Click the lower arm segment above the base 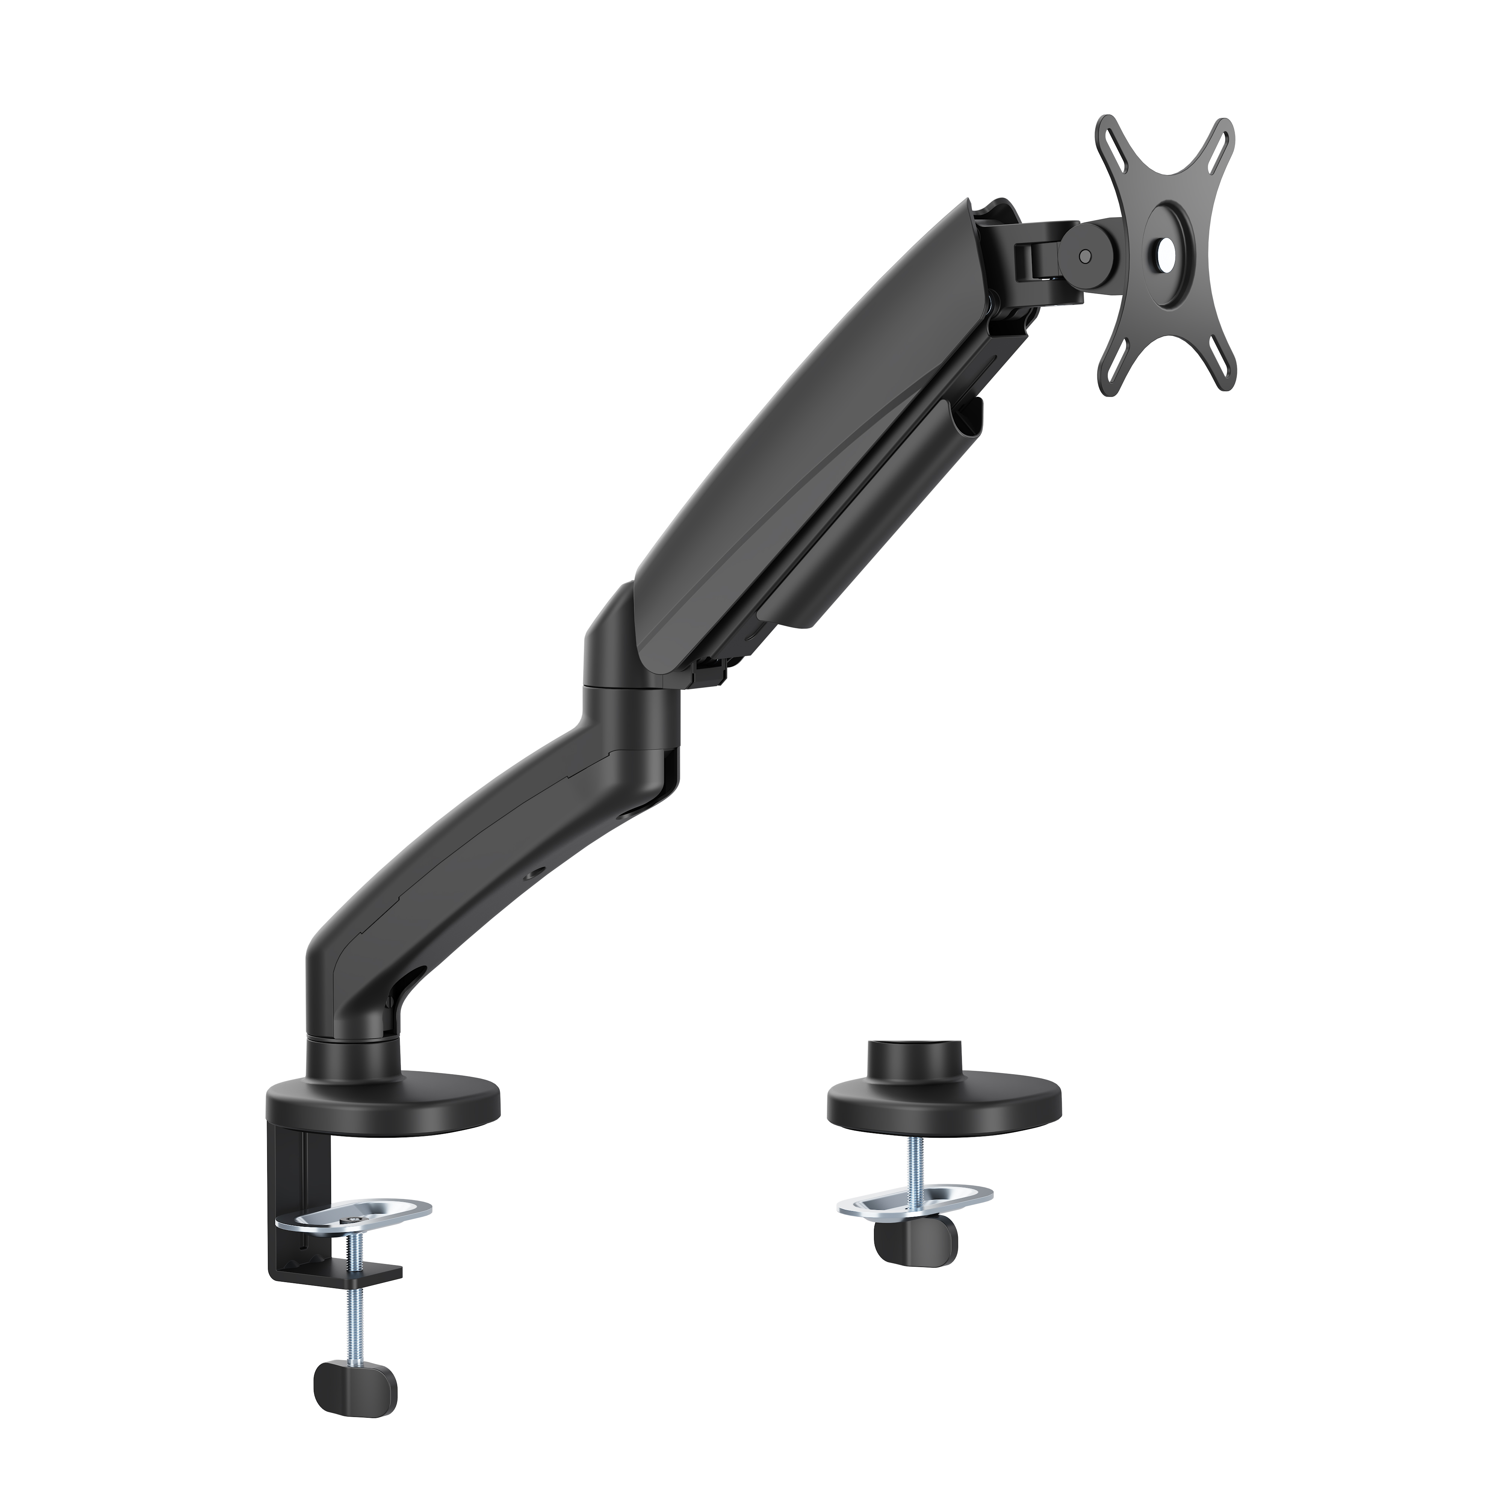pos(467,863)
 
